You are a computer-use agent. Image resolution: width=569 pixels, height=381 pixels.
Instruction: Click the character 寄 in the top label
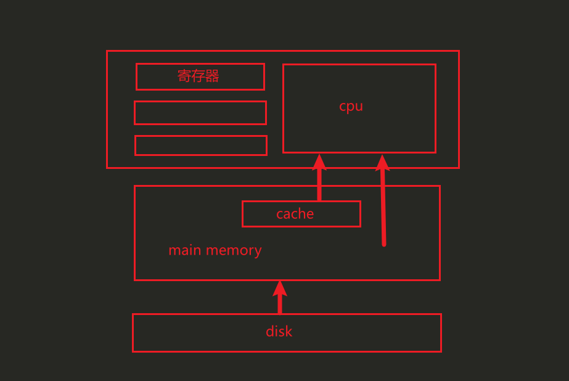click(184, 76)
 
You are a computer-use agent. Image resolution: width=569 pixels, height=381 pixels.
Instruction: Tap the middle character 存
click(199, 76)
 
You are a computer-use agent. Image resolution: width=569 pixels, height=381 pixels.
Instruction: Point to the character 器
click(213, 76)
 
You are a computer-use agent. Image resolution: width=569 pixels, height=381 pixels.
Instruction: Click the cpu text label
click(351, 106)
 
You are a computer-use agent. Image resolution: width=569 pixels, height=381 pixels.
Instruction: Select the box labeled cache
click(301, 214)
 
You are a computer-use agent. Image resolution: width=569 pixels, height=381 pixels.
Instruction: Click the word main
click(184, 250)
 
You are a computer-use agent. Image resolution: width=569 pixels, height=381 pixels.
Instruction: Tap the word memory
click(234, 250)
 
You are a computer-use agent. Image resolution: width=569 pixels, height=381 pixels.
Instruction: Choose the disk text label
click(279, 332)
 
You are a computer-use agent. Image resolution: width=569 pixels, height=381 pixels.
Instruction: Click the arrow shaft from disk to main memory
click(280, 303)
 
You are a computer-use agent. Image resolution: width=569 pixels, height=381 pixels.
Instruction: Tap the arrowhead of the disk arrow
click(280, 287)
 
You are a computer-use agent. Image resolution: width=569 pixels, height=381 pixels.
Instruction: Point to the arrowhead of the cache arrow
click(319, 162)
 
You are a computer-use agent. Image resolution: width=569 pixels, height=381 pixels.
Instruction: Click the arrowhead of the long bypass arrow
click(382, 162)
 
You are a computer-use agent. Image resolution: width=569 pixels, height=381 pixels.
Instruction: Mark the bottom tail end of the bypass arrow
click(384, 244)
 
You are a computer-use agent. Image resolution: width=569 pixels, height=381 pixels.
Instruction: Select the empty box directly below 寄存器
click(200, 113)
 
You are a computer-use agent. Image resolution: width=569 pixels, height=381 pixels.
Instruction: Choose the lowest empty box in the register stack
click(200, 145)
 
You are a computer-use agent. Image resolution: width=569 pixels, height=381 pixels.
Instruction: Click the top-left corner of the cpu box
click(284, 65)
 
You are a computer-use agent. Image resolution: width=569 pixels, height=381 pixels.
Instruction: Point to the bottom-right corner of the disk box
click(441, 351)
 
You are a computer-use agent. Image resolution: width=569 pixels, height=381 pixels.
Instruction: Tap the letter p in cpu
click(351, 107)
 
